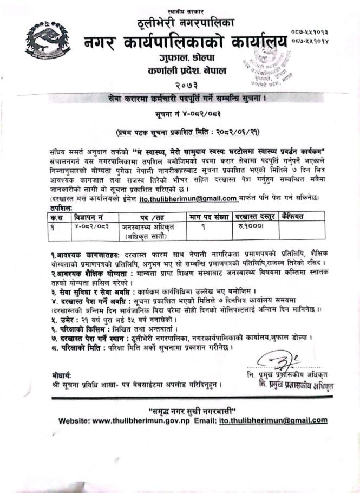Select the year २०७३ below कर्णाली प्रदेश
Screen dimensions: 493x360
179,85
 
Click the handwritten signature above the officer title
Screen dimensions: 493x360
278,360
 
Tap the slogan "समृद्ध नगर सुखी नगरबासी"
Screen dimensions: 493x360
179,407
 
